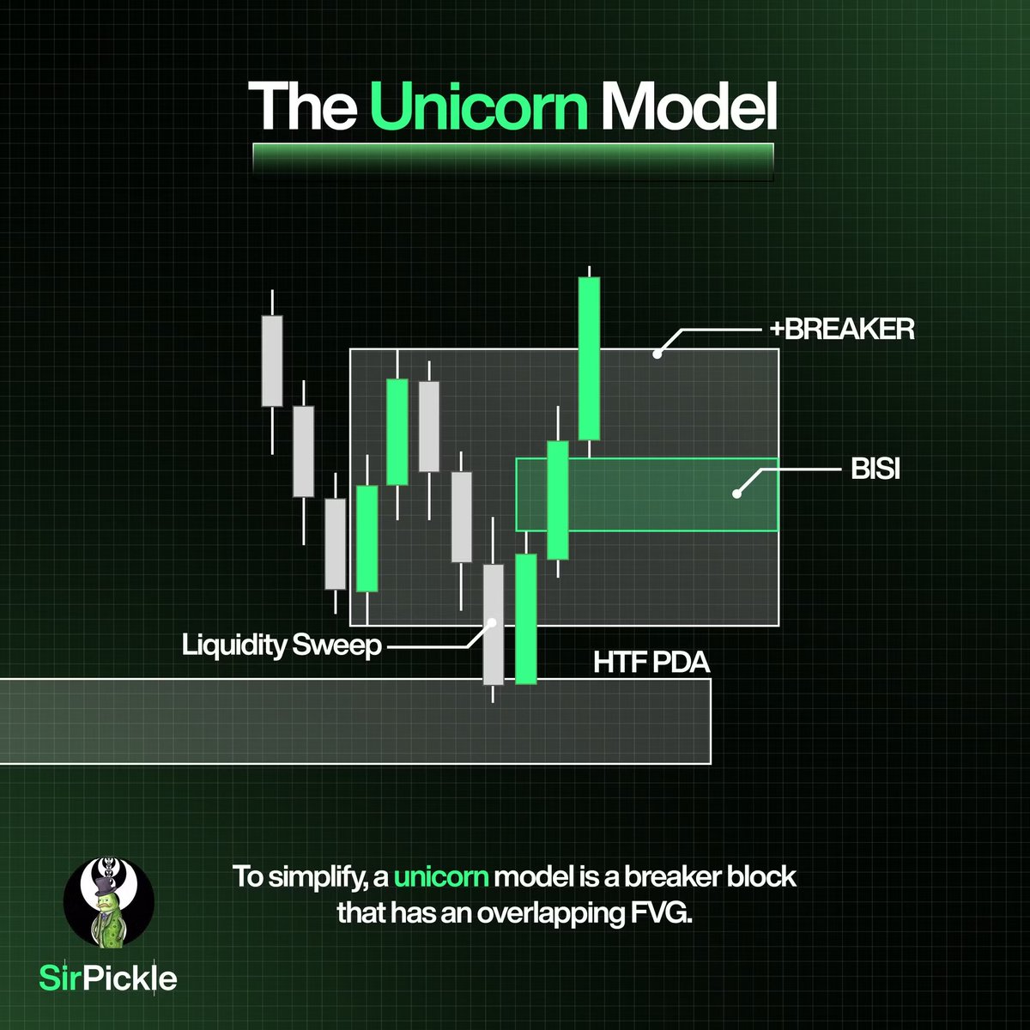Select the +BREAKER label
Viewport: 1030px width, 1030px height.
pos(838,329)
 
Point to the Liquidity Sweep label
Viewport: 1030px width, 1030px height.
pos(282,645)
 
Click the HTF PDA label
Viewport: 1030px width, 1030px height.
pos(651,663)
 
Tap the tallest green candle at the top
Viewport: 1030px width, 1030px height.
pos(589,358)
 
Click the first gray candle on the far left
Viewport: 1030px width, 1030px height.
pos(272,360)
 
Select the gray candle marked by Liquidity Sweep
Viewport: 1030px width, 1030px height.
pos(494,624)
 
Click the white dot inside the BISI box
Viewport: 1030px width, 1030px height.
pos(736,494)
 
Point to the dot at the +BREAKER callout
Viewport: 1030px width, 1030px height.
pos(657,352)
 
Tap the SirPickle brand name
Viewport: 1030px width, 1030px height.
pos(109,978)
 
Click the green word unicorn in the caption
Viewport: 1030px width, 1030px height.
pos(442,879)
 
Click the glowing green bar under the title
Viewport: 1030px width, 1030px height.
pos(513,160)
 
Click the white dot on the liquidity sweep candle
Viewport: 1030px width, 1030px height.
pos(493,623)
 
